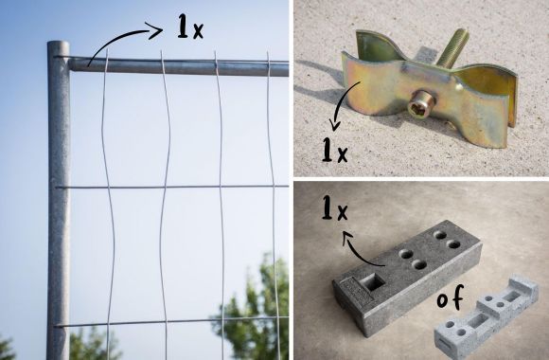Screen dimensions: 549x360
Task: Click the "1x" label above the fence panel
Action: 190,27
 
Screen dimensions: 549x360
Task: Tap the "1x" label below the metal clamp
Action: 335,150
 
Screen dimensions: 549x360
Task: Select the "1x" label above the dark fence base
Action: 335,207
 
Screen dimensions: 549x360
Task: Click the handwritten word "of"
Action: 451,297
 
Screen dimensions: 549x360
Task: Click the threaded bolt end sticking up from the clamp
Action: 452,48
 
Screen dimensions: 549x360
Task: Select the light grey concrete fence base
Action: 487,316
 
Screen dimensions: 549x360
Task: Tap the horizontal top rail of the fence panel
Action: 179,67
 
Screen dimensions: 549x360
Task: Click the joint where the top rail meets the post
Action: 70,64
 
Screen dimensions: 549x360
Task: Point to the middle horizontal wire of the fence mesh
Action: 171,187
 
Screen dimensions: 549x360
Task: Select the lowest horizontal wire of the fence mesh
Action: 171,321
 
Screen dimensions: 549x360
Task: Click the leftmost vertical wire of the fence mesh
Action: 108,204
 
